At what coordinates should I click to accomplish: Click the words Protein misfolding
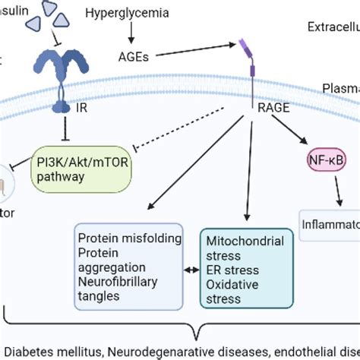[x=129, y=238]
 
